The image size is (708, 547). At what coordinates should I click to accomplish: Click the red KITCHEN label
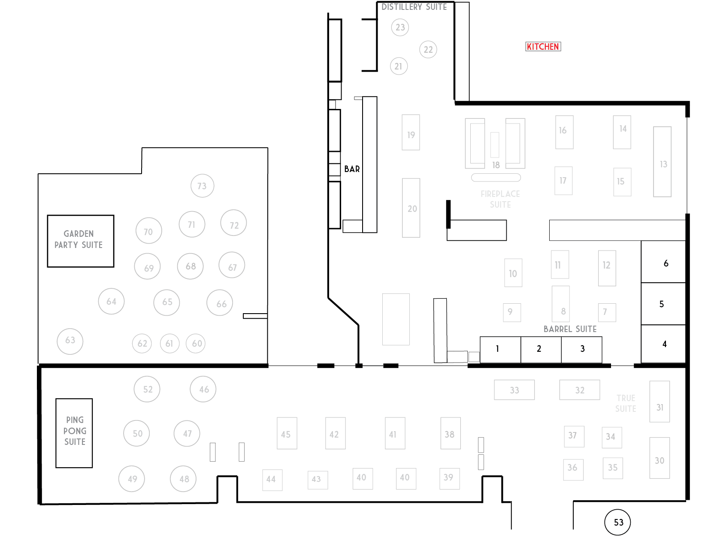point(543,47)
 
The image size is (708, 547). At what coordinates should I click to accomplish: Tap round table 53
point(617,522)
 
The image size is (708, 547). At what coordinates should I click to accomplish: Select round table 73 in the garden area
point(202,186)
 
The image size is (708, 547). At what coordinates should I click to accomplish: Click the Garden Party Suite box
point(80,241)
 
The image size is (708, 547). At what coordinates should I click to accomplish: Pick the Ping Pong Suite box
point(74,432)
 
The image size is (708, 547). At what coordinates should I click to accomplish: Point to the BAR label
point(352,169)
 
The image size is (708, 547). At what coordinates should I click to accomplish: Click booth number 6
point(663,262)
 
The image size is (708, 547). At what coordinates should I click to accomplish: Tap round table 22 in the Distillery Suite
point(428,49)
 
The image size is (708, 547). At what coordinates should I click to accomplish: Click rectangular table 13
point(662,162)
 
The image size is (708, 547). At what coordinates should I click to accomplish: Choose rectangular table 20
point(411,208)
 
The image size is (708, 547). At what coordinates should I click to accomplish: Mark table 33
point(514,390)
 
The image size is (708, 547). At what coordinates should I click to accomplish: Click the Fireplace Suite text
point(500,199)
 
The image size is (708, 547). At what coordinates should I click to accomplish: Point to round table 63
point(70,341)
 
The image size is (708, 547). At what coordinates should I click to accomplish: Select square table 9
point(511,312)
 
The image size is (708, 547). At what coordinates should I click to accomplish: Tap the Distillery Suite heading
point(414,7)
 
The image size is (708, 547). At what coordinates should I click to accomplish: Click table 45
point(287,433)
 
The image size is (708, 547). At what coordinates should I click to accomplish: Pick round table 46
point(203,389)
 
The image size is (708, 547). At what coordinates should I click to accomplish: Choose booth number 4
point(663,344)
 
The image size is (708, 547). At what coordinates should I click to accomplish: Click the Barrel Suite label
point(570,329)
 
